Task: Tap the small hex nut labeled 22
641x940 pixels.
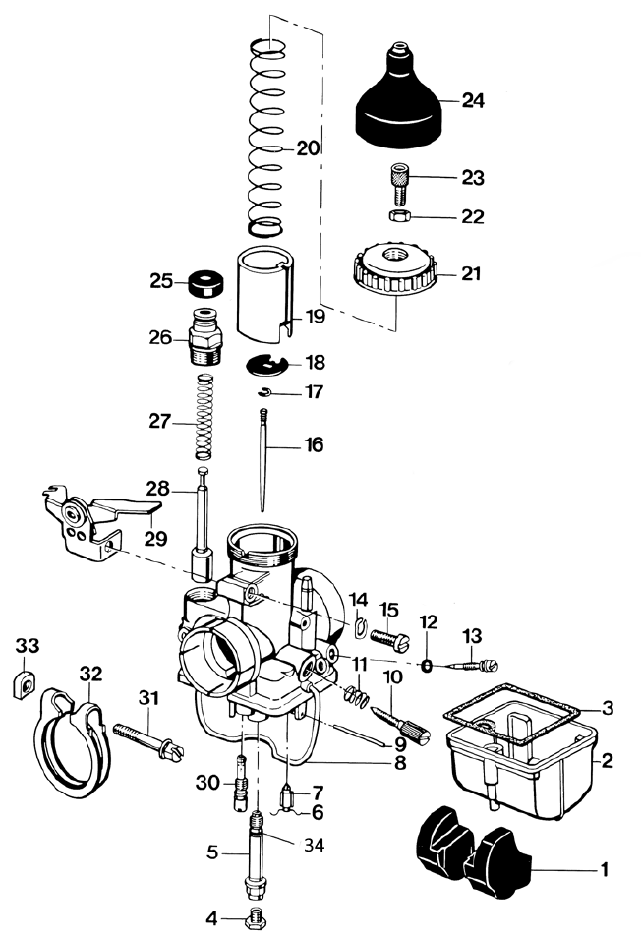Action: click(x=399, y=215)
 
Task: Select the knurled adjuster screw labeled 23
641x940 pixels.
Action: click(x=399, y=183)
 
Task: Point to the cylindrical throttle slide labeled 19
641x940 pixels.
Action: click(x=263, y=291)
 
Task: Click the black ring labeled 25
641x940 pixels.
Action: click(x=206, y=283)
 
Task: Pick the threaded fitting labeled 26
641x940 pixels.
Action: click(x=205, y=337)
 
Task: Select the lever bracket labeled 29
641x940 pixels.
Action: click(x=96, y=518)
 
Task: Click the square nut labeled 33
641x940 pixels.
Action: click(x=24, y=685)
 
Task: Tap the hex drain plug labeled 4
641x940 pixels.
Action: click(x=256, y=917)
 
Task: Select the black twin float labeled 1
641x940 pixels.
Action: click(x=474, y=852)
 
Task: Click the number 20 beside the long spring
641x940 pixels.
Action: click(x=308, y=148)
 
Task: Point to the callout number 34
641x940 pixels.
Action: click(x=314, y=846)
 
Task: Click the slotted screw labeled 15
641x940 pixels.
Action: click(x=389, y=640)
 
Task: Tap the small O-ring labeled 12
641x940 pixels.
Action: click(x=427, y=666)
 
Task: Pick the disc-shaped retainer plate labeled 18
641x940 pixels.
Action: click(x=267, y=365)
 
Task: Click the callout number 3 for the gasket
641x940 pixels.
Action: click(x=608, y=708)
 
